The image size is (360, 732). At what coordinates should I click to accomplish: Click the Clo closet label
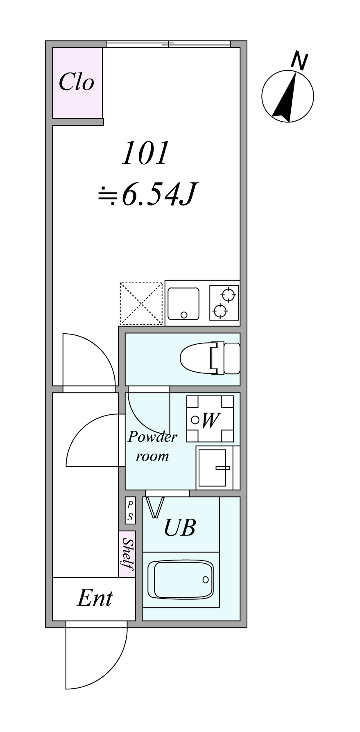77,82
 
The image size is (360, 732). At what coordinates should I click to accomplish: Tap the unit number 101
145,154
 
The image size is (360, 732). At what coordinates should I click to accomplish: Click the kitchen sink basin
183,303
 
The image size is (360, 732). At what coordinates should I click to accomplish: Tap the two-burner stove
224,303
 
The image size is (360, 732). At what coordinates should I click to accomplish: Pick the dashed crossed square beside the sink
141,303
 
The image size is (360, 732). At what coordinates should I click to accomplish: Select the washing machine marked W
210,419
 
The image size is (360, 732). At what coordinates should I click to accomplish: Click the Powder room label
152,446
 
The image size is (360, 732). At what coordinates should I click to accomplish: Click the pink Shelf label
127,554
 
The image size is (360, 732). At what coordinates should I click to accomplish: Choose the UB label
179,527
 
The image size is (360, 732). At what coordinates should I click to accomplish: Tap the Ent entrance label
95,598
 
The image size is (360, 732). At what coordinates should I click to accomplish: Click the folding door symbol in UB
155,508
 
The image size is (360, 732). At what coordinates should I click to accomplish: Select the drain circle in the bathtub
206,580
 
